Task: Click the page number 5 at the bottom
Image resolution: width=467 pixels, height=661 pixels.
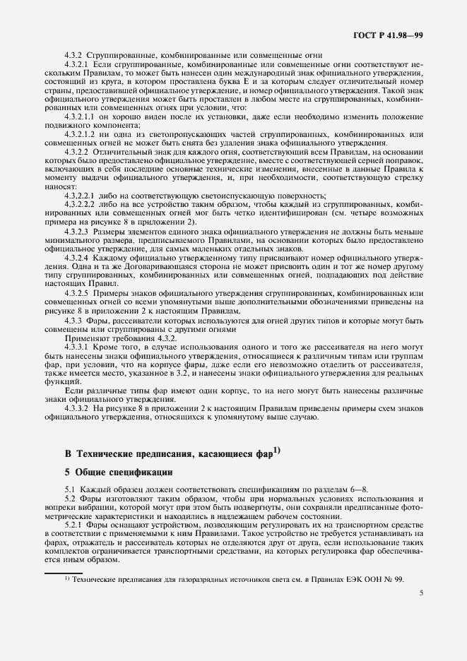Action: (420, 595)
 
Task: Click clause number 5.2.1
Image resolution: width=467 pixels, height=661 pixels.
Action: (74, 526)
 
